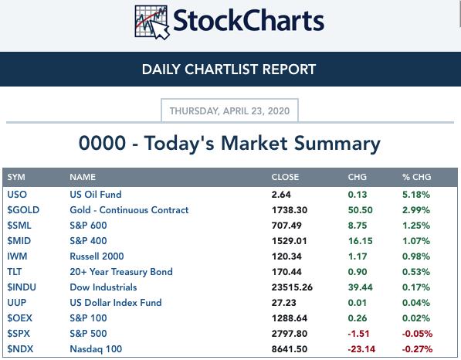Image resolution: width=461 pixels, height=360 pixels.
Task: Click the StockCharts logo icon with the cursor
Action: point(152,22)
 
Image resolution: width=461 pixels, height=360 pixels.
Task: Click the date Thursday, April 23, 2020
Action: point(229,111)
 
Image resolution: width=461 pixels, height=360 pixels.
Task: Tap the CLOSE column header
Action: point(285,177)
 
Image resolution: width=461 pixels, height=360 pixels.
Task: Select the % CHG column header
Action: point(417,177)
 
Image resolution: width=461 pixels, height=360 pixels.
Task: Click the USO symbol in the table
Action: point(17,195)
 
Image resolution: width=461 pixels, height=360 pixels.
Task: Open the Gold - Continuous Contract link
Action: point(129,210)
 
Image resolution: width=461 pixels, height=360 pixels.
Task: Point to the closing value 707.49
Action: point(286,226)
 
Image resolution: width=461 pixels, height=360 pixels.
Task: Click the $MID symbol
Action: point(19,241)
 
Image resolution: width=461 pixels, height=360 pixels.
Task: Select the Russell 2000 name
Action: point(97,256)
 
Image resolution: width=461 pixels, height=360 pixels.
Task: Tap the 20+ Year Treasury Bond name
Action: point(121,272)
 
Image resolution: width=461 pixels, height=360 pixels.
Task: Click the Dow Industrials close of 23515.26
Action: point(292,287)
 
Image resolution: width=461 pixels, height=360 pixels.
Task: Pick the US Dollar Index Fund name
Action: point(116,303)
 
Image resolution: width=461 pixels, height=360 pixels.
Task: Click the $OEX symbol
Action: point(20,318)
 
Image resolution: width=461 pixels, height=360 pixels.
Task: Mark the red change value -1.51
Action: point(358,334)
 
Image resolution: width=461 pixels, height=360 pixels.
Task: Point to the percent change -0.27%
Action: point(417,349)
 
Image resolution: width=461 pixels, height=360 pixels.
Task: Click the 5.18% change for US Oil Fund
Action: point(416,195)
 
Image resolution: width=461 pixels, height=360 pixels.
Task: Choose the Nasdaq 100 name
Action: point(96,349)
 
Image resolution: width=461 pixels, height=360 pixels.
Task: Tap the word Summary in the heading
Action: point(337,144)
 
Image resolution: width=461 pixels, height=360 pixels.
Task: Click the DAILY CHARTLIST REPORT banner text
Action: point(229,70)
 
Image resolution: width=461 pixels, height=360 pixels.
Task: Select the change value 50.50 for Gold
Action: point(360,210)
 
